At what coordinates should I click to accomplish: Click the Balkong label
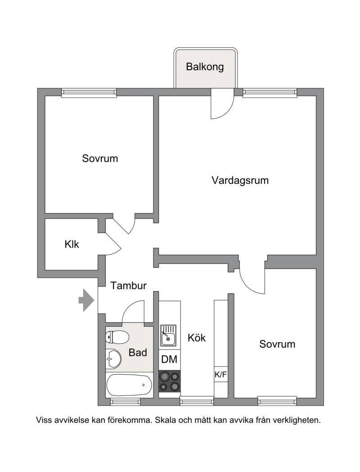click(205, 67)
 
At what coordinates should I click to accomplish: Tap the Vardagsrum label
click(240, 180)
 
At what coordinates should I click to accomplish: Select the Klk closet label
click(72, 244)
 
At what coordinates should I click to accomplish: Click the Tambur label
click(128, 286)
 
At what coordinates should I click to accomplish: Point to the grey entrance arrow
click(86, 300)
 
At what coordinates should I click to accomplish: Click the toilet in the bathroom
click(117, 337)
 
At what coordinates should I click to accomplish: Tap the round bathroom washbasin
click(113, 358)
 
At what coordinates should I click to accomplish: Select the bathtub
click(129, 385)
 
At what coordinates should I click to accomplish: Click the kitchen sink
click(168, 336)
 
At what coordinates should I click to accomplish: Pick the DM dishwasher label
click(169, 359)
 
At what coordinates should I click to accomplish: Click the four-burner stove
click(170, 381)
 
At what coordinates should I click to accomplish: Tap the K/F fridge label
click(220, 375)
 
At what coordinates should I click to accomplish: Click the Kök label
click(197, 338)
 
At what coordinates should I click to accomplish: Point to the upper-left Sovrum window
click(89, 93)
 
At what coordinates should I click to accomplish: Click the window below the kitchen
click(197, 401)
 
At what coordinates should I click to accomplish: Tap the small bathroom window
click(125, 401)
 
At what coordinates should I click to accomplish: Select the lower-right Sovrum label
click(277, 344)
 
